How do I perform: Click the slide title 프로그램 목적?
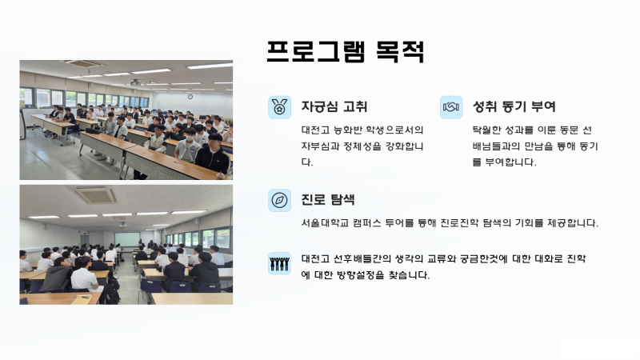[346, 52]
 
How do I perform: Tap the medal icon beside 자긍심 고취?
[279, 107]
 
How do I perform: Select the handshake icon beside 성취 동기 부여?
[451, 107]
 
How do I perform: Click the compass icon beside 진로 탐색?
[279, 201]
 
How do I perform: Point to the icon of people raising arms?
[279, 263]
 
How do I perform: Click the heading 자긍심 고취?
[334, 106]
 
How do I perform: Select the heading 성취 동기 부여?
[514, 106]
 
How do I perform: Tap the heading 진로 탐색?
[328, 199]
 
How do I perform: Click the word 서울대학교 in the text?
[325, 223]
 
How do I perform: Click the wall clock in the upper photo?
[190, 97]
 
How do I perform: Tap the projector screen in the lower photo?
[127, 239]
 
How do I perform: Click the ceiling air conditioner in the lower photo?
[96, 195]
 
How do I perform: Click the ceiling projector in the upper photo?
[135, 83]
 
